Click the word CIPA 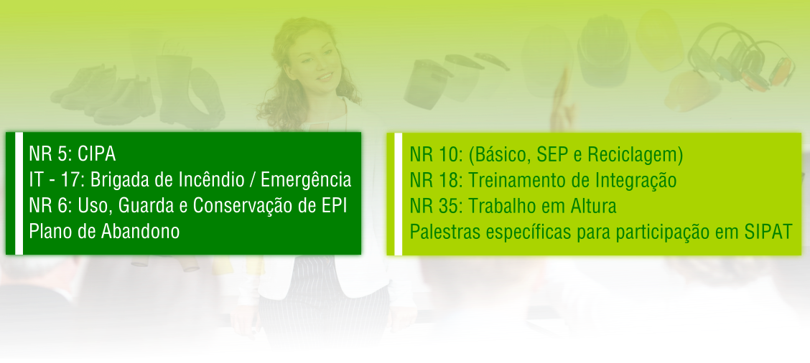(97, 154)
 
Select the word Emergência (306, 180)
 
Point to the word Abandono (141, 231)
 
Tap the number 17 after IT (75, 180)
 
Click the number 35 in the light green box (452, 207)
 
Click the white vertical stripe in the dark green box (19, 193)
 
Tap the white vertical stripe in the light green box (399, 194)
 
